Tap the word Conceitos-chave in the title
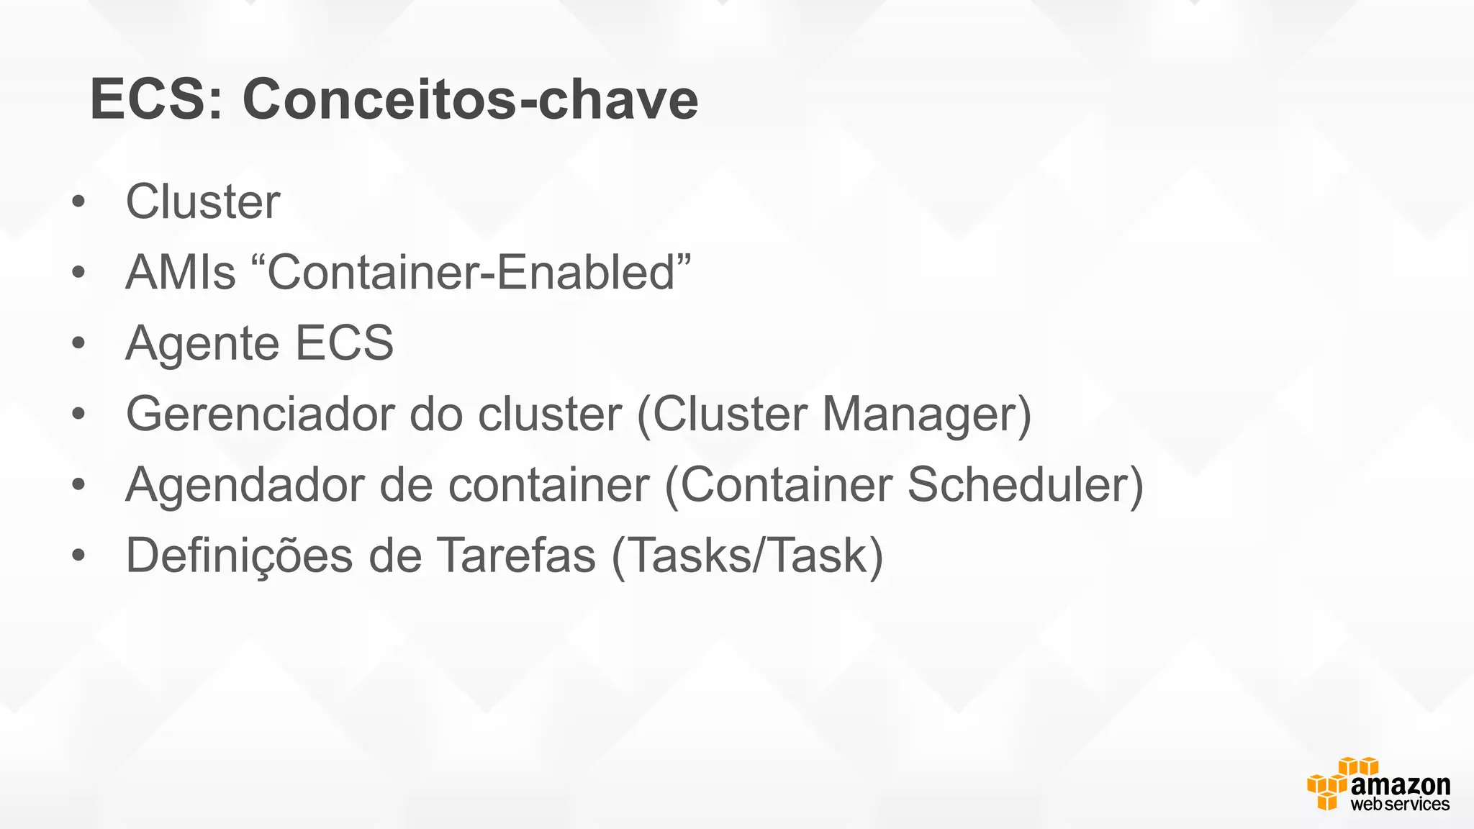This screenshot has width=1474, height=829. (470, 99)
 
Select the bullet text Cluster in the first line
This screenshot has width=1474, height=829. (203, 201)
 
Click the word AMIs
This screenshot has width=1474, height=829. (181, 273)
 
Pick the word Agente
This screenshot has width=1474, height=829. (202, 343)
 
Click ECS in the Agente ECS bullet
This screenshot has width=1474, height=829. (344, 343)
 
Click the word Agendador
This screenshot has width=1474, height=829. (244, 485)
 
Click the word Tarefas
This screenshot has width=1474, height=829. (517, 556)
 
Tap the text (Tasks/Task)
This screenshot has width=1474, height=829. (747, 556)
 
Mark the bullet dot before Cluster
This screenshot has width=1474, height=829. (78, 202)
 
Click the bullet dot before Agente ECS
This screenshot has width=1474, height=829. (78, 344)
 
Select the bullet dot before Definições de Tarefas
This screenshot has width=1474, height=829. (78, 556)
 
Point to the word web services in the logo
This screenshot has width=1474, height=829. (1400, 805)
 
